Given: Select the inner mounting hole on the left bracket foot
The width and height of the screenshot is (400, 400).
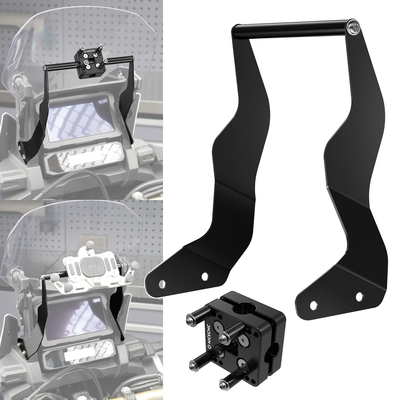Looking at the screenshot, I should tap(205, 276).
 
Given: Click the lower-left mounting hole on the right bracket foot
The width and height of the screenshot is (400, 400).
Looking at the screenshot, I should tap(312, 305).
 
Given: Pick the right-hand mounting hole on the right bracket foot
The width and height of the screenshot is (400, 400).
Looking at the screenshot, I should tap(359, 296).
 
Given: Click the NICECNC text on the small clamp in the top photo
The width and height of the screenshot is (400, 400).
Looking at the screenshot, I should tap(91, 51).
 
